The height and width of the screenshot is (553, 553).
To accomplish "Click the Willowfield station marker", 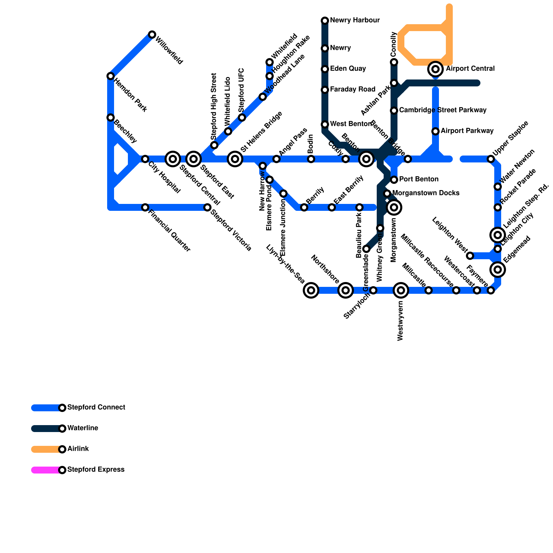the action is tap(152, 35).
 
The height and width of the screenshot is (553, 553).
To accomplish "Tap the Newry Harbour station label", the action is tap(355, 20).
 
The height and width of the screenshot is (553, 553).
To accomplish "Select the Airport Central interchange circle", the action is tap(435, 69).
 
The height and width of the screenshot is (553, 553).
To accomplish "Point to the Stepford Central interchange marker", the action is tap(173, 159).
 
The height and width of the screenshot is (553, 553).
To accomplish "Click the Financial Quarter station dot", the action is tap(145, 207).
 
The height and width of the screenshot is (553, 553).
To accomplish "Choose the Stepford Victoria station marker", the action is tap(207, 207).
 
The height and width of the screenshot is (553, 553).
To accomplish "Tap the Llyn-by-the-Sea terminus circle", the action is tap(311, 290).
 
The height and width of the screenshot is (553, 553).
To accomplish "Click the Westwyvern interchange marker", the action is tap(401, 290).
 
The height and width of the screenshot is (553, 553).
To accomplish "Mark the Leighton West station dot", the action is tap(470, 256).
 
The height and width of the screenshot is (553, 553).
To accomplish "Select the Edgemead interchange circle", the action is tap(498, 270).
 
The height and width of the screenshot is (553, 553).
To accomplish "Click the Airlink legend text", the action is tap(78, 449).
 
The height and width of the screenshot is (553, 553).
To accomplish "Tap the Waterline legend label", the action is tap(83, 428).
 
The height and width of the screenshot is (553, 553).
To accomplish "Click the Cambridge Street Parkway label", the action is tap(443, 110).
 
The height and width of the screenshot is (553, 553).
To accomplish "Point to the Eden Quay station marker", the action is tap(325, 69).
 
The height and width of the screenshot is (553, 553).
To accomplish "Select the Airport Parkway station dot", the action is tap(435, 131).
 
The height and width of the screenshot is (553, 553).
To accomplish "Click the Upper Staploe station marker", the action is tap(491, 159).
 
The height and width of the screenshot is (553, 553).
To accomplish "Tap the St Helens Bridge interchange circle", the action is tap(235, 159).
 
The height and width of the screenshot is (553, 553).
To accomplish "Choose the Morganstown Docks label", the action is tap(426, 193).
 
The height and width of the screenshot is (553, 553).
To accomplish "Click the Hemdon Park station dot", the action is tap(111, 76).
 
